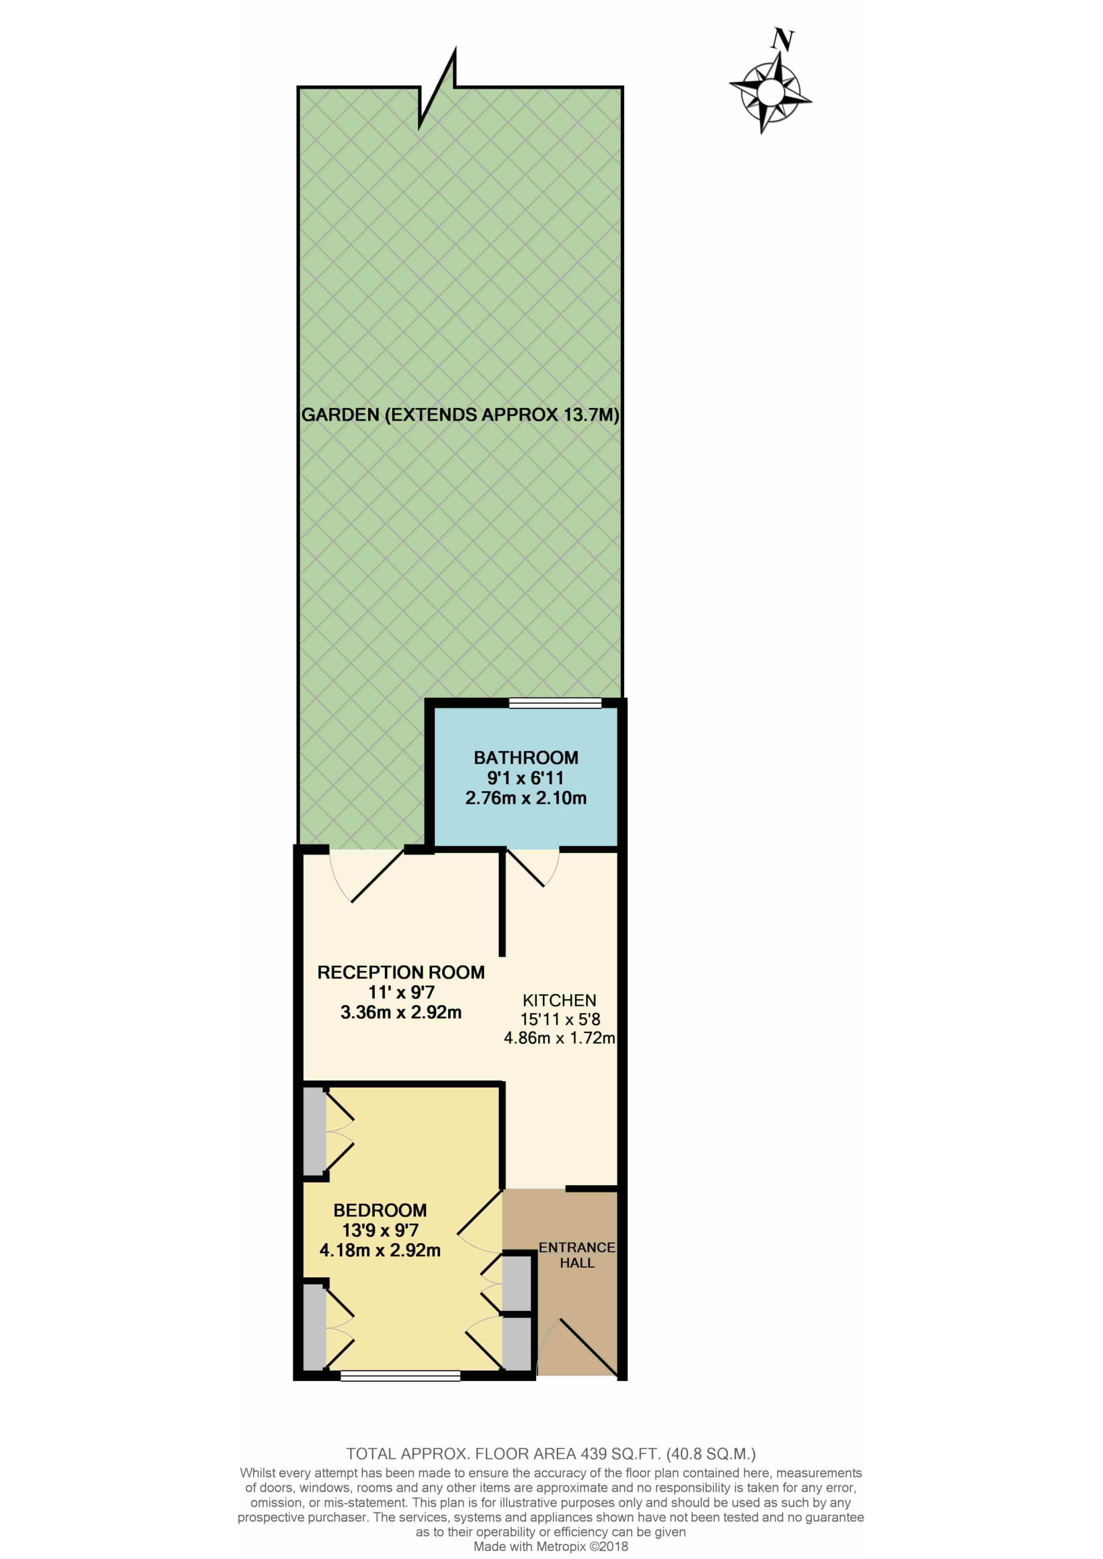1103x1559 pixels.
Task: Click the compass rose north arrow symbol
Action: pyautogui.click(x=770, y=93)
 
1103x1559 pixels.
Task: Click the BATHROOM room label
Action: pyautogui.click(x=525, y=757)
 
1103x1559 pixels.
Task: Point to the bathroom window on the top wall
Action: pyautogui.click(x=555, y=703)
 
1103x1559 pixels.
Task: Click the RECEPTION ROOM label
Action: pyautogui.click(x=401, y=972)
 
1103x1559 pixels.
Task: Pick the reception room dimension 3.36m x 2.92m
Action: pyautogui.click(x=401, y=1012)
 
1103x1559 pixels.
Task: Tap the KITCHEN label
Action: pyautogui.click(x=559, y=1000)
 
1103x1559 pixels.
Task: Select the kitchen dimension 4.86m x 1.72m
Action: pyautogui.click(x=559, y=1038)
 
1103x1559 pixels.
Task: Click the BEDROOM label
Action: pyautogui.click(x=379, y=1210)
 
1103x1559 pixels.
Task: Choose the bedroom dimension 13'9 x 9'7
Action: pyautogui.click(x=379, y=1230)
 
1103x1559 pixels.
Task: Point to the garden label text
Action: pyautogui.click(x=460, y=415)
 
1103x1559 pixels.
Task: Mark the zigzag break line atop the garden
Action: pyautogui.click(x=437, y=87)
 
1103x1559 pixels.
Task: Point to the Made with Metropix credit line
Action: pyautogui.click(x=551, y=1547)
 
